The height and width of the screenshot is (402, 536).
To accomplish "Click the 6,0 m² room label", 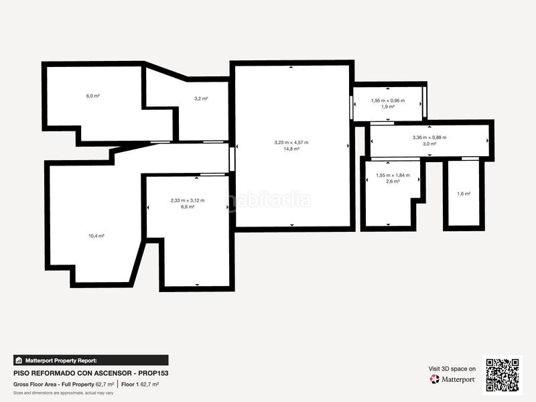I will [92, 96].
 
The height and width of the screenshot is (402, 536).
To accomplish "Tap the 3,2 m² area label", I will [200, 98].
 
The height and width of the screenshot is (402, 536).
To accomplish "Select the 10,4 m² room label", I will [96, 236].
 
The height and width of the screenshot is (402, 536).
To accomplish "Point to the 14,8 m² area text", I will [291, 149].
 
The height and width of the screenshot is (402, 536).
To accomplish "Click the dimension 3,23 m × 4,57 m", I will [291, 142].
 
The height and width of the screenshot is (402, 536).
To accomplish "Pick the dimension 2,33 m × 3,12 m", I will [188, 200].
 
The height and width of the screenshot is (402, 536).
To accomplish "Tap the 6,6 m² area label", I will [188, 207].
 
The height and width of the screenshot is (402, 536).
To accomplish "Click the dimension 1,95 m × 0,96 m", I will [388, 100].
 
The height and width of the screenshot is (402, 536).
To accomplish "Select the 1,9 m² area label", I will [388, 107].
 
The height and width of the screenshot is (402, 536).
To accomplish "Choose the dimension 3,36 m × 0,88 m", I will [429, 137].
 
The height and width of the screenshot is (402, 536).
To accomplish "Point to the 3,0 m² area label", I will [429, 144].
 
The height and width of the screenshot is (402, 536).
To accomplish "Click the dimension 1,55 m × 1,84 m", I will [393, 176].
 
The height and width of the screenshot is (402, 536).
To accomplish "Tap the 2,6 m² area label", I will [393, 182].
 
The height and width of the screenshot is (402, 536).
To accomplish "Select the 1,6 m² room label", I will [463, 194].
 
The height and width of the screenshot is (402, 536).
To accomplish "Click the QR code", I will [503, 374].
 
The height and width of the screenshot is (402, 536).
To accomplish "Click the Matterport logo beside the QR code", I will [453, 379].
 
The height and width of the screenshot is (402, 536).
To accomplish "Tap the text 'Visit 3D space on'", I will [452, 368].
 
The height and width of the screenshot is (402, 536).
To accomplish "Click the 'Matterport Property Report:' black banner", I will [91, 360].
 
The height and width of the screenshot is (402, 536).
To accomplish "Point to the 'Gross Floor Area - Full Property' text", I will [54, 385].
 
